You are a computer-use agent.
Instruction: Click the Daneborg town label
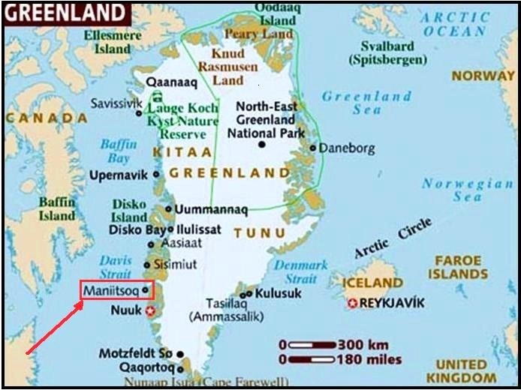pos(346,148)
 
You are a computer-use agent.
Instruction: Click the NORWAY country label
pos(483,75)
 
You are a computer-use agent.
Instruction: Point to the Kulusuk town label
pos(278,293)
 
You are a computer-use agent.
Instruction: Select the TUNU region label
pos(260,232)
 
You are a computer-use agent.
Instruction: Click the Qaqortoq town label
pos(146,368)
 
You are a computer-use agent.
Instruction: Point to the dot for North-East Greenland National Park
pos(260,143)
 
